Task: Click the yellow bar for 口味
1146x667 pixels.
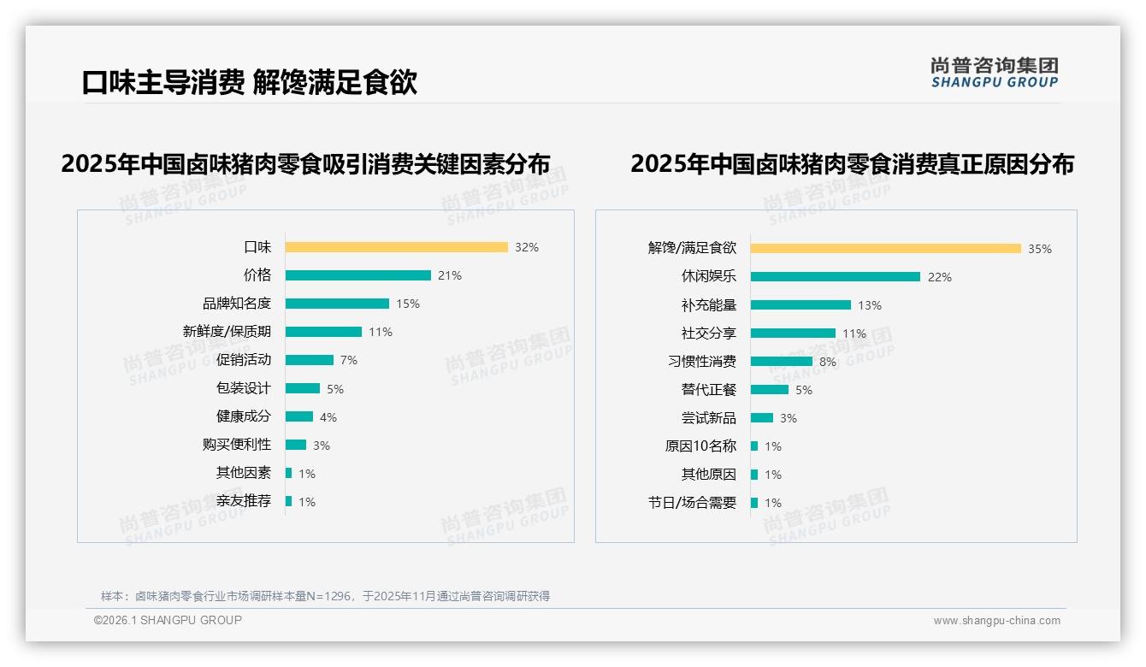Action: [x=396, y=247]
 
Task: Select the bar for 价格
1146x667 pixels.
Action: [x=357, y=275]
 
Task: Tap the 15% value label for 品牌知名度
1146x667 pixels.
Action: [x=407, y=304]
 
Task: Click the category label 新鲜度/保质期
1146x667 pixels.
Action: [x=227, y=332]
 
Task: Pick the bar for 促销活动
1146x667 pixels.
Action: [x=309, y=360]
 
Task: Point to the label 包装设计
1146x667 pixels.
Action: [x=243, y=388]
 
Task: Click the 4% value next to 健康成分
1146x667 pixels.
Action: [x=328, y=417]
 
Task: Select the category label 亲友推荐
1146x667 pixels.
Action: [x=243, y=501]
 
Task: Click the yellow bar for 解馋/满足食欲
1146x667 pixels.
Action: [x=885, y=248]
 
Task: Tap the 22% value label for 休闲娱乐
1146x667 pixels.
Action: [x=939, y=277]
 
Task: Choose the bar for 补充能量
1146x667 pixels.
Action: [x=800, y=304]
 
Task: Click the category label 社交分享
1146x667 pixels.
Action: [x=708, y=333]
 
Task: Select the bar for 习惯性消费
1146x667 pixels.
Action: [x=781, y=361]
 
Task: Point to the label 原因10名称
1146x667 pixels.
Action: [x=700, y=446]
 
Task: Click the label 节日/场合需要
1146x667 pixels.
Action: [x=692, y=503]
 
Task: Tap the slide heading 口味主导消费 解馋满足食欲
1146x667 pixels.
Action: [x=249, y=83]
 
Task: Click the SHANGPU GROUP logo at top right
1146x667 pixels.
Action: [x=994, y=73]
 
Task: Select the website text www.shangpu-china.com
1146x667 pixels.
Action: [x=996, y=621]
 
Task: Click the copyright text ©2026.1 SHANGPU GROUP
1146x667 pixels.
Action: [x=168, y=620]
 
